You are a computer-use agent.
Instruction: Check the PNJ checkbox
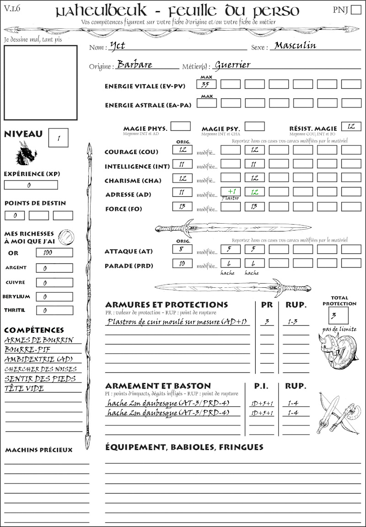[355, 10]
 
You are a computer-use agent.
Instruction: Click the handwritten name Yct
[118, 46]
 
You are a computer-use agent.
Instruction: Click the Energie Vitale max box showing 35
[206, 84]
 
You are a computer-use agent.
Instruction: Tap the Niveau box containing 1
[59, 137]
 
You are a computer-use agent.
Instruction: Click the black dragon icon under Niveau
[26, 153]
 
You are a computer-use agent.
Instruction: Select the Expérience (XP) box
[31, 185]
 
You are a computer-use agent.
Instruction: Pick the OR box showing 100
[54, 253]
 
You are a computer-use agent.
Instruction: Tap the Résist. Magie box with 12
[351, 126]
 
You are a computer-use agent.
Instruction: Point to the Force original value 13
[182, 206]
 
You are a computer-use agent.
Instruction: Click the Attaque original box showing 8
[182, 249]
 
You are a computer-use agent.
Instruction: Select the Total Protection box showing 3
[338, 315]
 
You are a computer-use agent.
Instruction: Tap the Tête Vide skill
[24, 388]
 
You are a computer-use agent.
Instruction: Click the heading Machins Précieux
[38, 450]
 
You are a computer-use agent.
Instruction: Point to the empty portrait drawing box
[40, 82]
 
